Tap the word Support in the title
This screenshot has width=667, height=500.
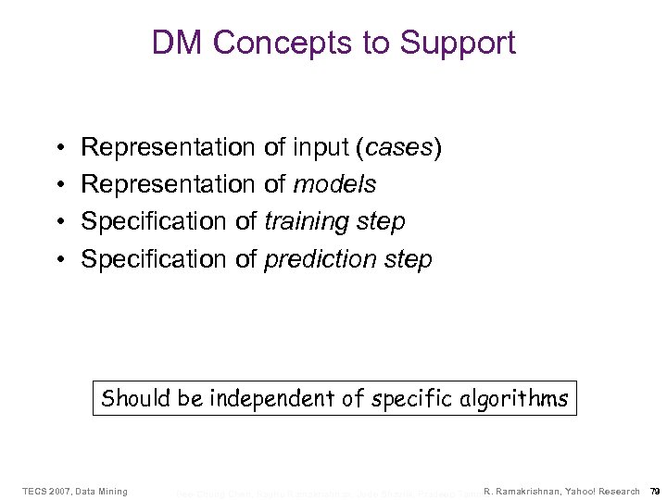[458, 43]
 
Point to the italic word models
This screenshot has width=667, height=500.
[334, 185]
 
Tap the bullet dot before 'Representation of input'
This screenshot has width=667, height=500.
[58, 148]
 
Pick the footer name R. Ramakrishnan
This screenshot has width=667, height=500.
[522, 491]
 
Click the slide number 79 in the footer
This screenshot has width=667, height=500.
[654, 491]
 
